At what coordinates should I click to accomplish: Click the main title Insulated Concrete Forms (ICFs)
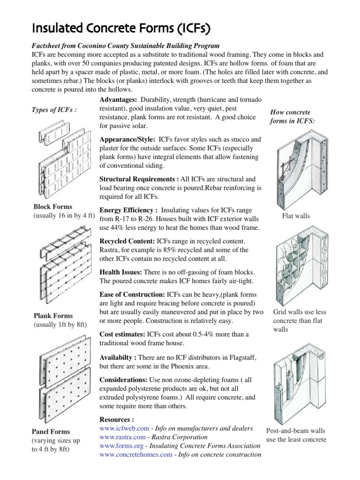click(120, 29)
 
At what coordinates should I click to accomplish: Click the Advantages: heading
click(118, 100)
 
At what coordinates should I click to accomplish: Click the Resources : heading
click(117, 420)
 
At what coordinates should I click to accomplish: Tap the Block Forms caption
click(52, 206)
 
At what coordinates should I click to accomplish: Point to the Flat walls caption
click(296, 216)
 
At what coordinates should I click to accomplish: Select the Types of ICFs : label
click(54, 110)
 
